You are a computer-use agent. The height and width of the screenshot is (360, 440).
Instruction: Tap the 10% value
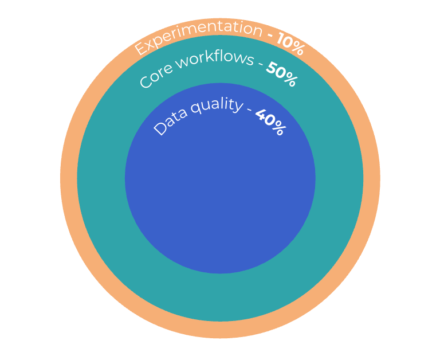(290, 43)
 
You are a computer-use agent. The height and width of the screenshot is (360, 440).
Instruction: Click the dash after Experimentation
(270, 36)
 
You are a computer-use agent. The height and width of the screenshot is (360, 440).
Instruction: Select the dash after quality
(249, 111)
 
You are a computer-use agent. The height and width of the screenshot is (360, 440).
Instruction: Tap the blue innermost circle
(220, 195)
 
